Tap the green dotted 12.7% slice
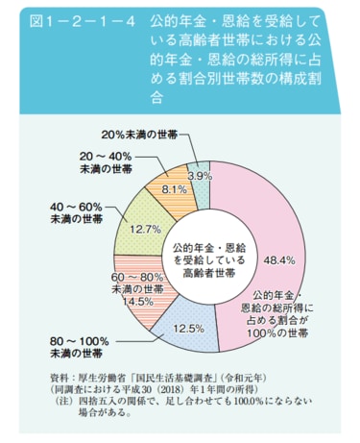[134, 216]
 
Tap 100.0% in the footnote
[263, 405]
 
